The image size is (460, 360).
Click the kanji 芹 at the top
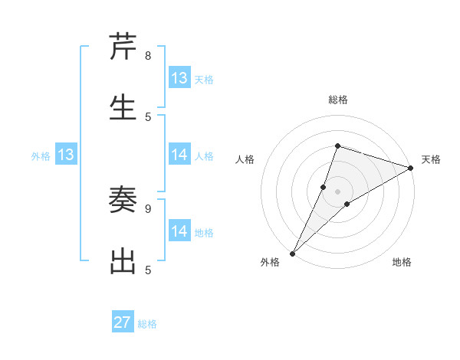pos(123,47)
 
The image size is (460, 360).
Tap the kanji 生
pos(123,108)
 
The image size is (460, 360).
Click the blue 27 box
pos(123,322)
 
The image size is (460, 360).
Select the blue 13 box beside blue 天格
pos(179,78)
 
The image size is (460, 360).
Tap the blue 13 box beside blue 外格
pos(66,155)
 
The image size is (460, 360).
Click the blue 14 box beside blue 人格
pos(179,155)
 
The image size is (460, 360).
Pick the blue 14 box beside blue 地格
pos(179,231)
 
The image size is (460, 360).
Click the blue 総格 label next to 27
pos(147,324)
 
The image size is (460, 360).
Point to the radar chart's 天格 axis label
pos(431,159)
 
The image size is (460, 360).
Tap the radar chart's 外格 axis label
pos(270,262)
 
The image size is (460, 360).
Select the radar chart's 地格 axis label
pos(402,262)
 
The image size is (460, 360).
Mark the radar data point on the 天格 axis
pos(410,169)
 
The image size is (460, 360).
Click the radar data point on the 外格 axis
pos(292,253)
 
